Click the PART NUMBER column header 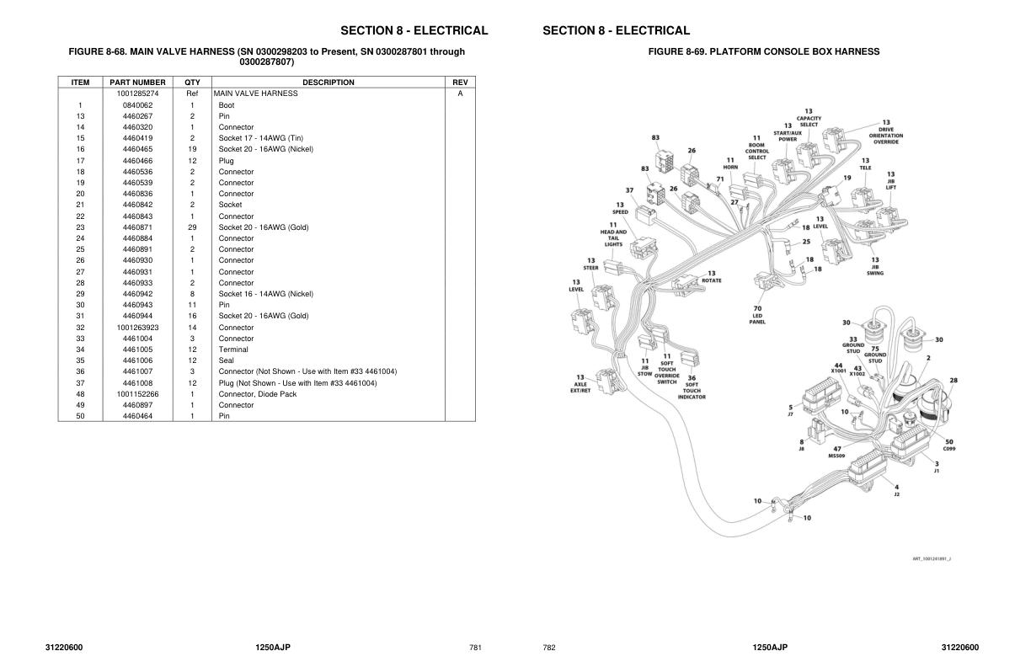pos(137,83)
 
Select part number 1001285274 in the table pos(137,93)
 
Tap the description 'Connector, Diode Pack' pos(257,394)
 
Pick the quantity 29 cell pos(192,227)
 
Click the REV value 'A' pos(460,93)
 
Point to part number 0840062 pos(137,105)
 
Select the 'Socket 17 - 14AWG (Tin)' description pos(260,138)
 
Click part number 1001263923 pos(137,328)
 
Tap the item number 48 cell pos(80,394)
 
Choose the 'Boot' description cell pos(227,105)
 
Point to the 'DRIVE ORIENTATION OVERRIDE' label pos(885,135)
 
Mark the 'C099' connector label pos(949,448)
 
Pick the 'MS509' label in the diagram pos(836,456)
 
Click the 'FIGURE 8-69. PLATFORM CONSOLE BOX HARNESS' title pos(763,51)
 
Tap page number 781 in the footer pos(475,648)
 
